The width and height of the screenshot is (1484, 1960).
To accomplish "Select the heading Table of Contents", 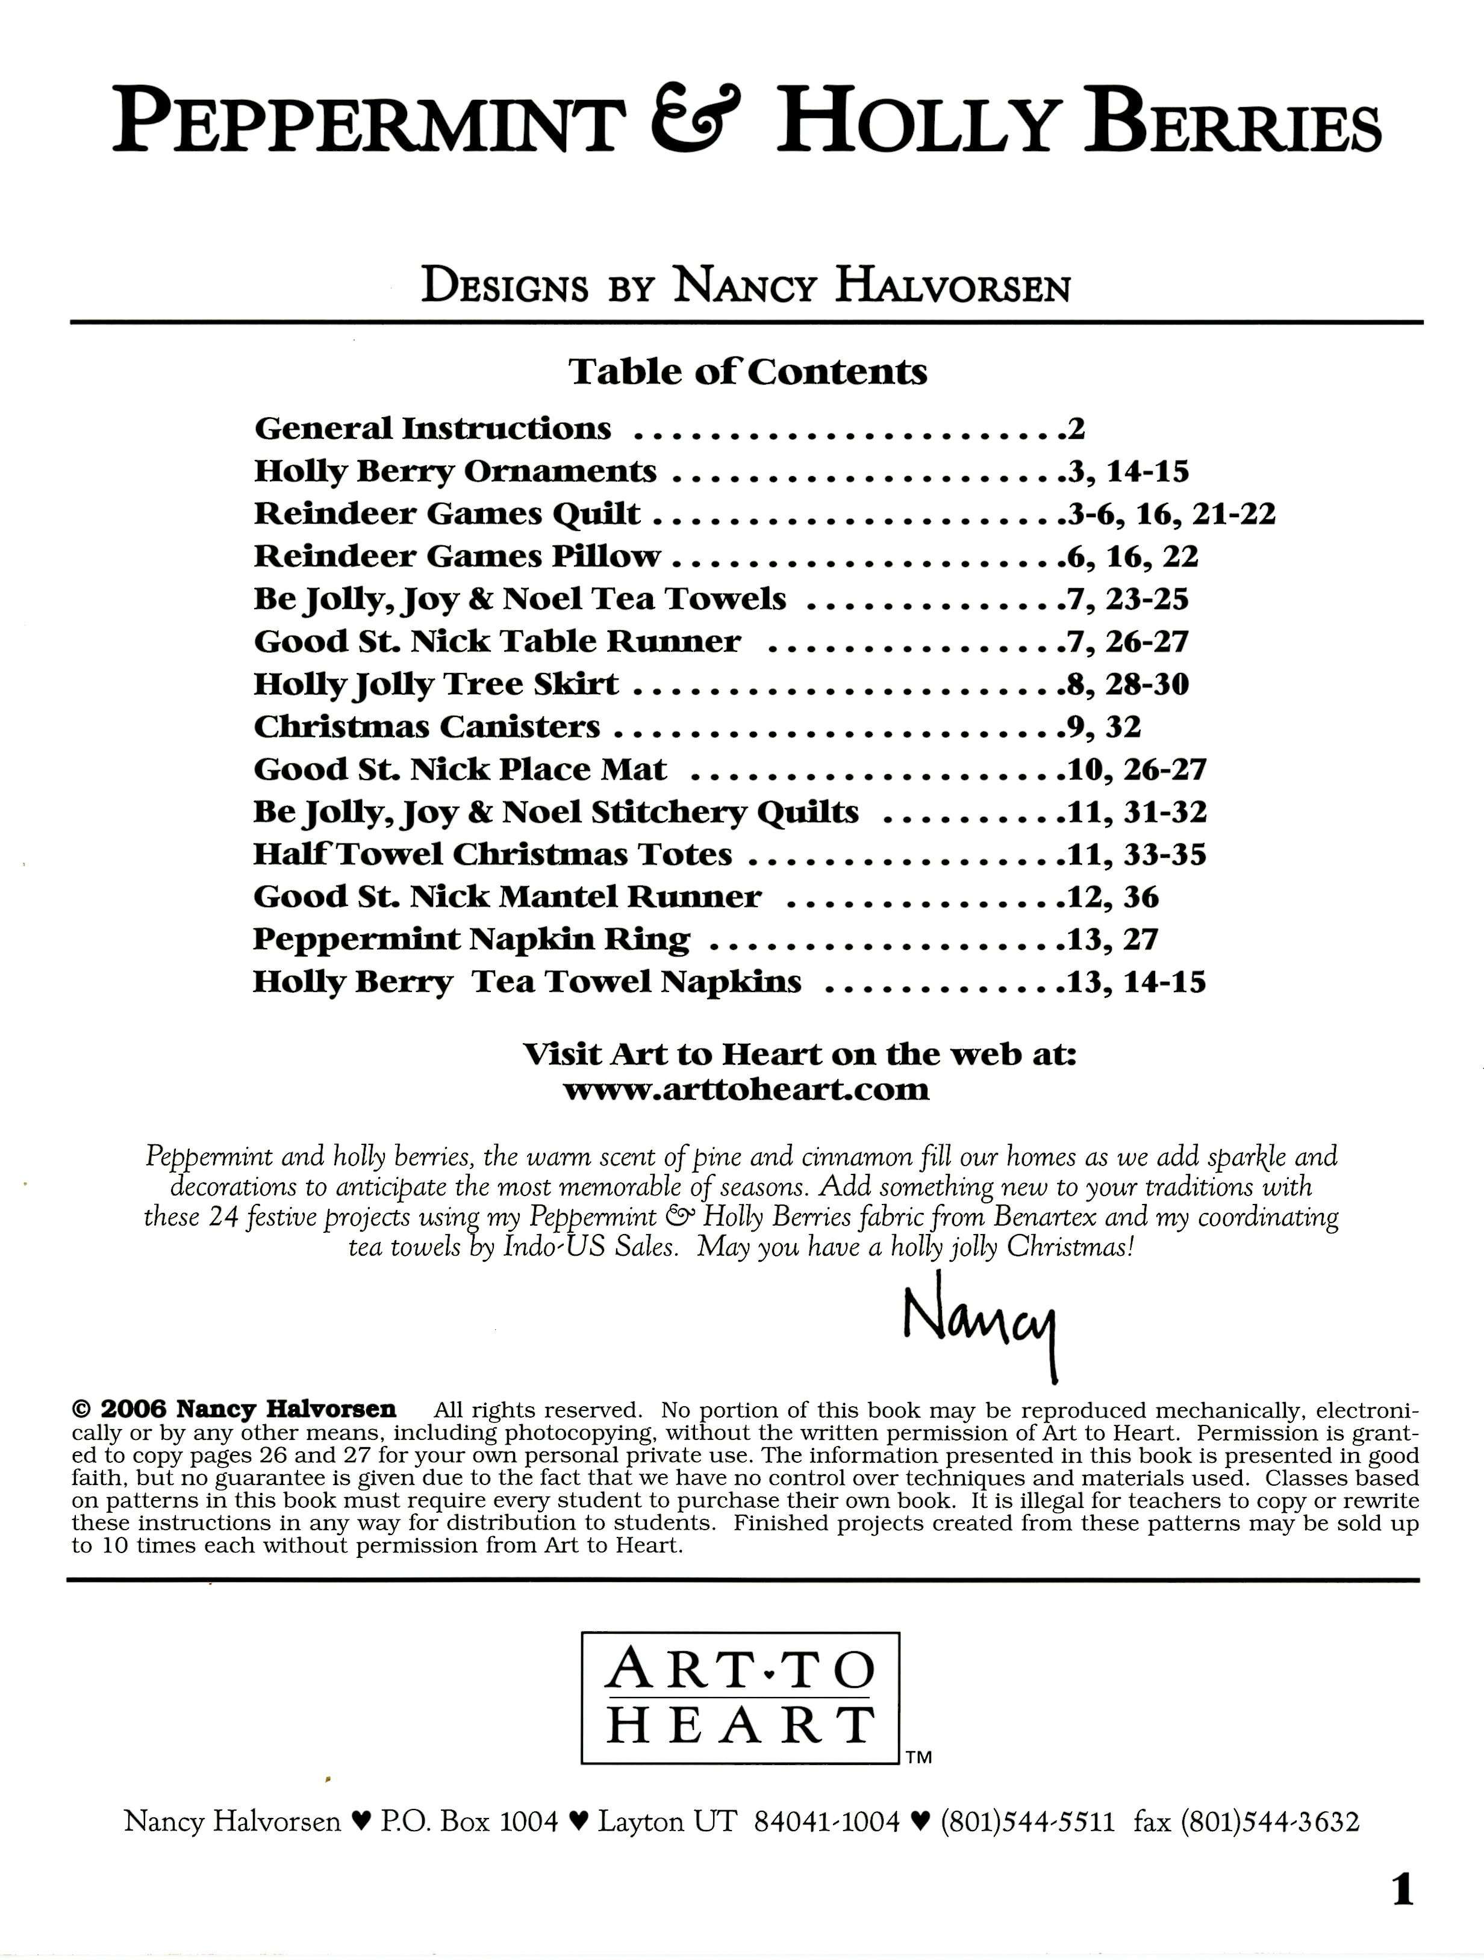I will tap(747, 371).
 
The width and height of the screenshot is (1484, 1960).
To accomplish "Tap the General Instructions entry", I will tap(432, 429).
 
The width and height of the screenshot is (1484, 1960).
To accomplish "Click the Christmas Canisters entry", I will tap(426, 727).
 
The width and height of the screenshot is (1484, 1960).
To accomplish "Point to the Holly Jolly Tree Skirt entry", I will tap(436, 684).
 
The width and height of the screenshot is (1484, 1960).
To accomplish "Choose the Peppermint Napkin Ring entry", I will tap(471, 939).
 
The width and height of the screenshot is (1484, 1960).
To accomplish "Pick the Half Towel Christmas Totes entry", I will tap(492, 854).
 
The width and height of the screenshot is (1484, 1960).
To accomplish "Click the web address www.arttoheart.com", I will tap(746, 1089).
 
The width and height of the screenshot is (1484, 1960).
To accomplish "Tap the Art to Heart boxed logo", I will tap(740, 1699).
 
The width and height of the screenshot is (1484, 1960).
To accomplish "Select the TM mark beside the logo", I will tap(919, 1758).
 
